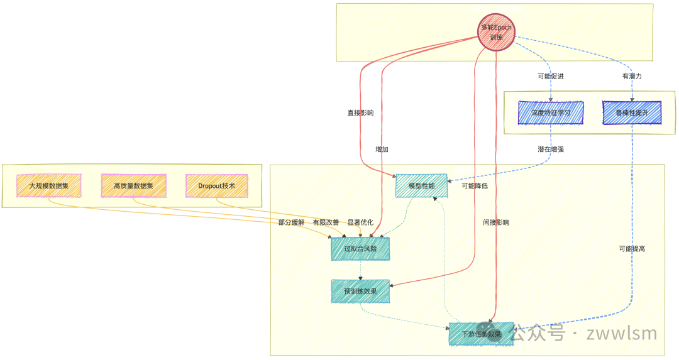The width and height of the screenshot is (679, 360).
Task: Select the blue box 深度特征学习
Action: [551, 113]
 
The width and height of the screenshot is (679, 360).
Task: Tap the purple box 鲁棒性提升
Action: [632, 113]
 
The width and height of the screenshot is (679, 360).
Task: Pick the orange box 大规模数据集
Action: [48, 186]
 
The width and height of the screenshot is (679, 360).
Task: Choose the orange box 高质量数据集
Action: [133, 186]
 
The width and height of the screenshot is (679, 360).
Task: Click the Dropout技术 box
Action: [216, 186]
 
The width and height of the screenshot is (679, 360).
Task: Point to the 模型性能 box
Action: [421, 186]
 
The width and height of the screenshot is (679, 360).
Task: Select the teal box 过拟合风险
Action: [360, 249]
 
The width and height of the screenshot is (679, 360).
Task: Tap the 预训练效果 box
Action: [360, 291]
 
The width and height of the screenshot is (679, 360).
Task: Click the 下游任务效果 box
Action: [482, 334]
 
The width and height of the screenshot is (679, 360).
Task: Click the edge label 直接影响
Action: [360, 113]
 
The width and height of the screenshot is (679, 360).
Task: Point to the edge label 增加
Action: [382, 150]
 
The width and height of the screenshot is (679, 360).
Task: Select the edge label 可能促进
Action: [551, 76]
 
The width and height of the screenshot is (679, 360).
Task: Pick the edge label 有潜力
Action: [631, 76]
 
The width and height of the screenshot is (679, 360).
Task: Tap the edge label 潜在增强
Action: [551, 150]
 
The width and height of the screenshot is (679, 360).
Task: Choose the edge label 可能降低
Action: [475, 186]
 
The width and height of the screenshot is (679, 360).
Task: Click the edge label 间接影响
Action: [496, 222]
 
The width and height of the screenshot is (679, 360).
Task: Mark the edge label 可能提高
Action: [632, 249]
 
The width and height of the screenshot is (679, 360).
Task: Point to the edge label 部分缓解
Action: [292, 222]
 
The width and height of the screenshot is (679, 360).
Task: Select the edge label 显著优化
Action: [360, 222]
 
